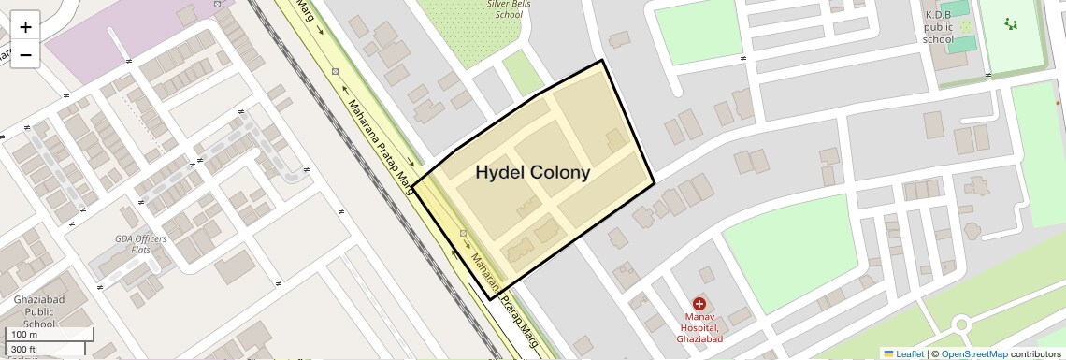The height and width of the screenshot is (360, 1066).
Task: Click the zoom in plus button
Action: coord(25,27)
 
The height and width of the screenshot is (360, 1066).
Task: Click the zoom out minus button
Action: coord(25,54)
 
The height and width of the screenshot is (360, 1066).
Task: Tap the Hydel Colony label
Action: coord(533,173)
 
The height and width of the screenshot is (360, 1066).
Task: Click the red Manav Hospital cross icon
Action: coord(699,304)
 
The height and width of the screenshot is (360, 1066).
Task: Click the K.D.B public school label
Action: coord(938,27)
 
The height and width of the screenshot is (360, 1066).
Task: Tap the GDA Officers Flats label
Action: coord(140,244)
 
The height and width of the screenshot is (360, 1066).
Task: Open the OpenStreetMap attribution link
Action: coord(973,353)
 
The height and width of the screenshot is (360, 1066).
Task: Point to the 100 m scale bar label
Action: coord(24,335)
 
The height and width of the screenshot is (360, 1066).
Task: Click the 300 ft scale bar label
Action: coord(24,349)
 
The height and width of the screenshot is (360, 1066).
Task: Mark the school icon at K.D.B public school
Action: coord(965,27)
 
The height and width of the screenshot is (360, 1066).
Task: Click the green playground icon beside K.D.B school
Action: coord(1010,23)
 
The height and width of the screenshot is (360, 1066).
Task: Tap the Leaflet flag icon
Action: coord(888,353)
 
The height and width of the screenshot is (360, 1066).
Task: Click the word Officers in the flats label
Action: coord(151,238)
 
